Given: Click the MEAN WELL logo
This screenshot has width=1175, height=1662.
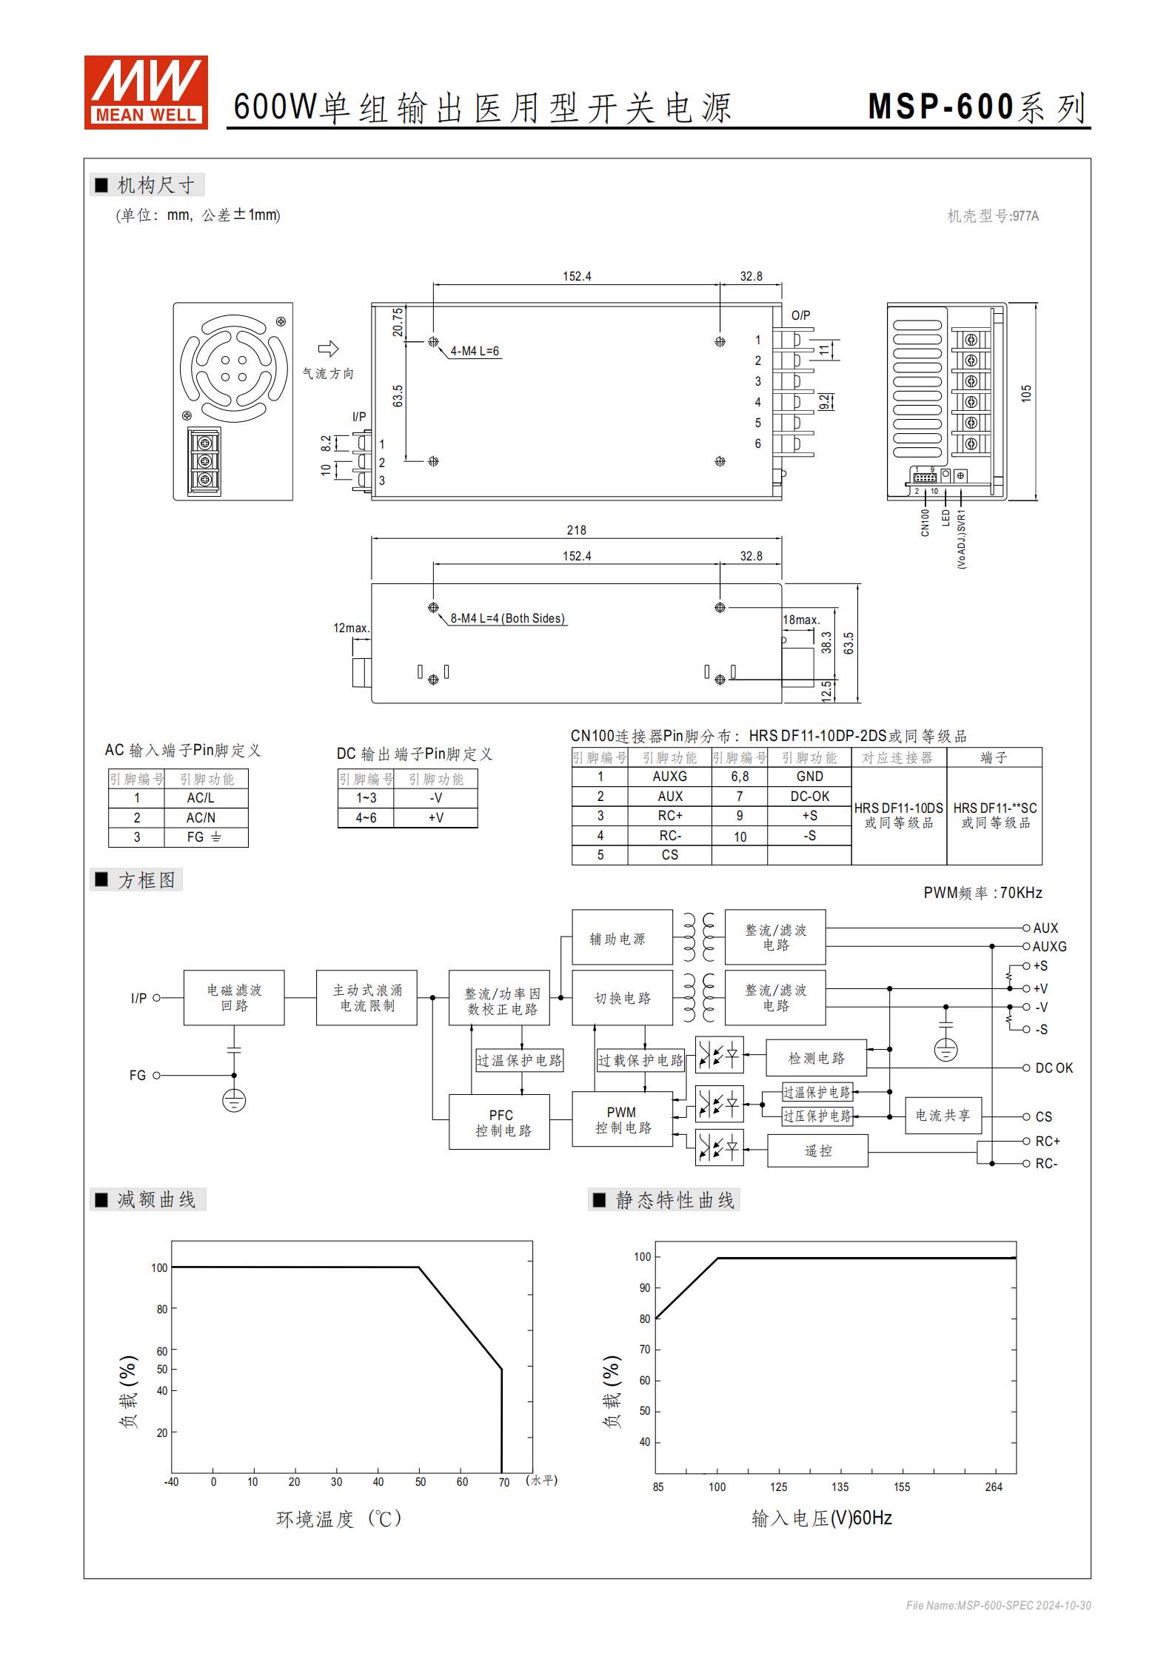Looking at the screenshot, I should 146,93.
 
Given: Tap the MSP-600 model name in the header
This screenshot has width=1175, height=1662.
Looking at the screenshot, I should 940,107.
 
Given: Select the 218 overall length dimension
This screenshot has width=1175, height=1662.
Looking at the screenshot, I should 576,530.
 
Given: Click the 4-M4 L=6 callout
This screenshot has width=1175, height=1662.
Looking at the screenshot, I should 475,351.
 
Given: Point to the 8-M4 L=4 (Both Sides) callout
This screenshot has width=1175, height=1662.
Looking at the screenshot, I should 507,618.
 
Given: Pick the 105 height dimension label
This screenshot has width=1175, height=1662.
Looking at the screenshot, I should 1026,393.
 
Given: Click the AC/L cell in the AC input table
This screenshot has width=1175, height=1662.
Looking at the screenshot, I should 200,797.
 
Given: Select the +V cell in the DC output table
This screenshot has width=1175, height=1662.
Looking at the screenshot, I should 435,817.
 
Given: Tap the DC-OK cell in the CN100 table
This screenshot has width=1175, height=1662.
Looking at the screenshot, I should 809,796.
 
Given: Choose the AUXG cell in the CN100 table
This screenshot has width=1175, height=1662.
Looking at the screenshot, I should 669,776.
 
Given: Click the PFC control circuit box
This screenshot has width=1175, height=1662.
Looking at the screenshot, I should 500,1122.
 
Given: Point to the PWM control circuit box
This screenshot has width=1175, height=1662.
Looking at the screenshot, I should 622,1119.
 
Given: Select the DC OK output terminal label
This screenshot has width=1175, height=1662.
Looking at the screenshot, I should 1054,1068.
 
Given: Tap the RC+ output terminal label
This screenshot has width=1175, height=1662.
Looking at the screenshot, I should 1047,1141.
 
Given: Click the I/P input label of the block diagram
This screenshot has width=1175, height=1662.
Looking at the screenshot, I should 138,998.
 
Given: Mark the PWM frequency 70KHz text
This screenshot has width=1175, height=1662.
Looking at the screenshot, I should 982,893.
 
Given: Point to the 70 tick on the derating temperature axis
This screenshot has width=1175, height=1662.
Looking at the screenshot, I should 504,1482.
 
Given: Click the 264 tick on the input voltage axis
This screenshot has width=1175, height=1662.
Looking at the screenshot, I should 994,1487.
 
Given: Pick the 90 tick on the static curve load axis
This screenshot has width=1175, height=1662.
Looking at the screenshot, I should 645,1288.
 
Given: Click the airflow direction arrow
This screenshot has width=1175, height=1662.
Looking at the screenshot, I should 328,349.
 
